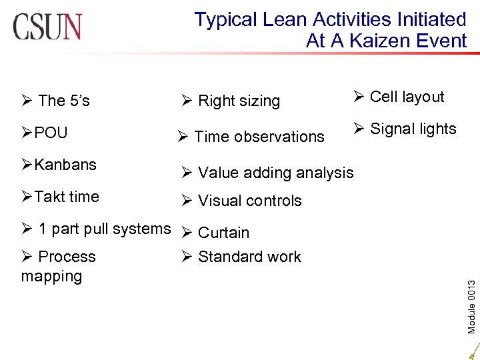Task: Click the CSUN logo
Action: pyautogui.click(x=47, y=27)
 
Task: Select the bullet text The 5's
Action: pyautogui.click(x=64, y=101)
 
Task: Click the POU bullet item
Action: pyautogui.click(x=51, y=133)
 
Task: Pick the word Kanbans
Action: pyautogui.click(x=65, y=165)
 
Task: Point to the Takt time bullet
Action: pyautogui.click(x=66, y=197)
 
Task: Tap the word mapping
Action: pyautogui.click(x=51, y=276)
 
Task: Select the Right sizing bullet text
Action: pyautogui.click(x=239, y=101)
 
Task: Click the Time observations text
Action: pyautogui.click(x=259, y=137)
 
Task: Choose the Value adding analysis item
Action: pyautogui.click(x=275, y=173)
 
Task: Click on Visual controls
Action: pyautogui.click(x=249, y=201)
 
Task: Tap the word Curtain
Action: pyautogui.click(x=223, y=233)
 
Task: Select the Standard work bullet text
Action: pyautogui.click(x=249, y=257)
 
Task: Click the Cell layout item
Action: pyautogui.click(x=407, y=97)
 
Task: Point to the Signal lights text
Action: pyautogui.click(x=413, y=129)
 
